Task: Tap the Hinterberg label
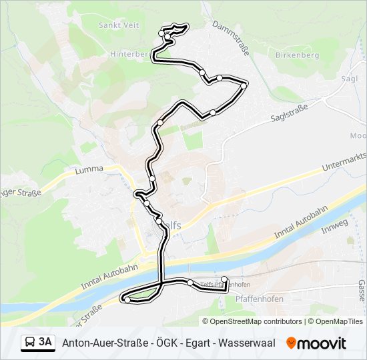pyautogui.click(x=129, y=54)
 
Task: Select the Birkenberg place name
pyautogui.click(x=297, y=55)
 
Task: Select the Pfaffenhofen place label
pyautogui.click(x=260, y=299)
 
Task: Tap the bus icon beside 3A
pyautogui.click(x=30, y=343)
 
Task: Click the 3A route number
pyautogui.click(x=45, y=343)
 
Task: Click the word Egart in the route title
pyautogui.click(x=201, y=343)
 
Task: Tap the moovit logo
pyautogui.click(x=316, y=343)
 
